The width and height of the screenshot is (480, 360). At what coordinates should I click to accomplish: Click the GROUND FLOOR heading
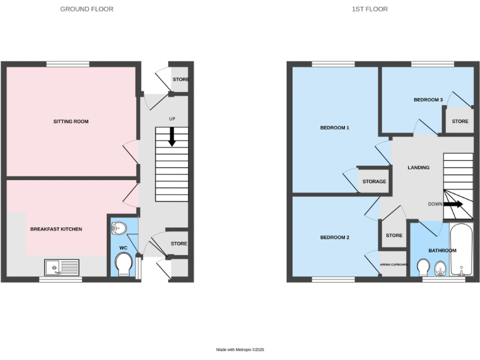[x=87, y=9]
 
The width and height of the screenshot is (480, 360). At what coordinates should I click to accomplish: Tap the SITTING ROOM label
[x=71, y=121]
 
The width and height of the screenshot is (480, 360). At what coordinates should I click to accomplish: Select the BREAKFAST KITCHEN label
[x=56, y=229]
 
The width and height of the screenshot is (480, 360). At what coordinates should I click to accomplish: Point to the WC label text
[x=122, y=248]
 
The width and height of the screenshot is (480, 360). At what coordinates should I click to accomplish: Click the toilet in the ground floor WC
[x=124, y=264]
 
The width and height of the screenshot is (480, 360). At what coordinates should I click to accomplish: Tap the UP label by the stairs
[x=172, y=119]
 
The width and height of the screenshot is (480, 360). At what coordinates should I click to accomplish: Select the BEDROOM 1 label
[x=334, y=128]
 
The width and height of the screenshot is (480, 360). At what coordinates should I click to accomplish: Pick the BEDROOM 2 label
[x=334, y=237]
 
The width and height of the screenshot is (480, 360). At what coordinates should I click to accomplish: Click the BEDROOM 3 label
[x=428, y=100]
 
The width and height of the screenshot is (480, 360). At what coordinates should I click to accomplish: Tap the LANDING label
[x=418, y=167]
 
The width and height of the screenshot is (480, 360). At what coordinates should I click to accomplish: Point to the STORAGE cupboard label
[x=374, y=182]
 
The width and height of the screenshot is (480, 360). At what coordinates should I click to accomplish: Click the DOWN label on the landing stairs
[x=436, y=204]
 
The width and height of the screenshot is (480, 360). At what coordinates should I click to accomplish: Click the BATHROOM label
[x=442, y=251]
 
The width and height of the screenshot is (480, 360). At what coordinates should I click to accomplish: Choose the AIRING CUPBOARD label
[x=394, y=264]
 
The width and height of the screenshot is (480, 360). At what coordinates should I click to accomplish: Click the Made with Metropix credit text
[x=240, y=349]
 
